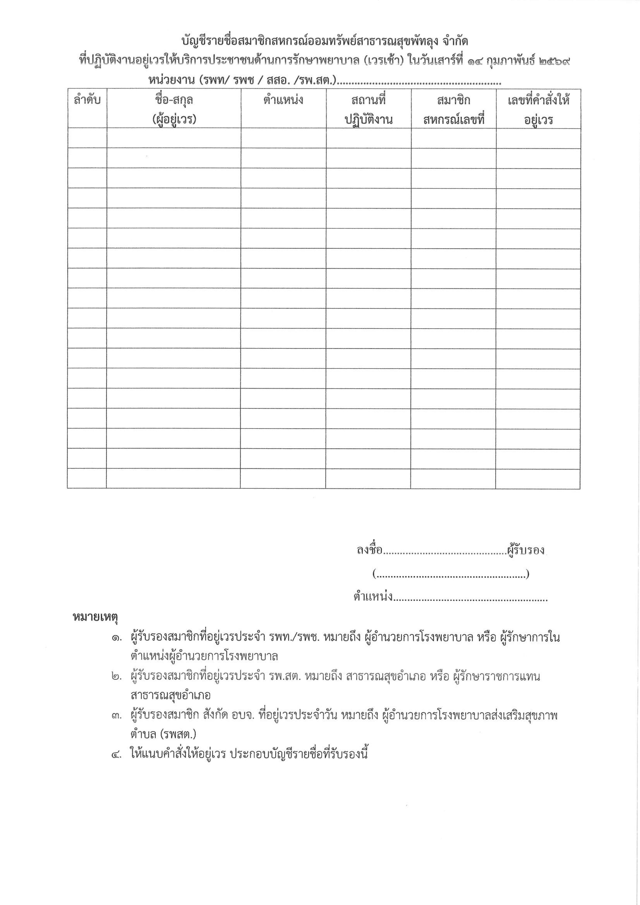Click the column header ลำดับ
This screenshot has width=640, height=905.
[87, 100]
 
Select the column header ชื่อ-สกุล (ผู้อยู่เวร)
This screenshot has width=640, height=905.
[174, 109]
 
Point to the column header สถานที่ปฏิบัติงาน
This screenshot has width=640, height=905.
[368, 109]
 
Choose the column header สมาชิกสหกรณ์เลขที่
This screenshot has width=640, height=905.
[454, 109]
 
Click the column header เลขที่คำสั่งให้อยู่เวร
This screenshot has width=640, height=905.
[538, 109]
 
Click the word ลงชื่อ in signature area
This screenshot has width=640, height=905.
[369, 550]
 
